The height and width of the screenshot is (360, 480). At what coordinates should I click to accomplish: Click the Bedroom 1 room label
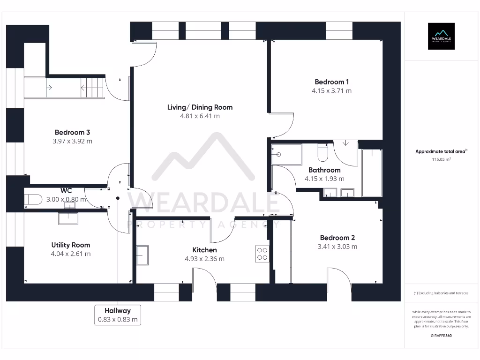coord(331,82)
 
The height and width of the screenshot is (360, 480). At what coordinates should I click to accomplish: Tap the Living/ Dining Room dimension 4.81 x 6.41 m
coord(200,116)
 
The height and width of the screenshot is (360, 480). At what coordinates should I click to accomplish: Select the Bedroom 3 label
coord(72,132)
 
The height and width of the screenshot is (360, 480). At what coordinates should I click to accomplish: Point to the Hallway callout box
coord(118,315)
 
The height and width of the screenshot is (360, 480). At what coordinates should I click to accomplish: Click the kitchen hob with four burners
coord(262,254)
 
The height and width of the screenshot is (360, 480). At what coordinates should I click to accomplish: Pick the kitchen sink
coord(142,255)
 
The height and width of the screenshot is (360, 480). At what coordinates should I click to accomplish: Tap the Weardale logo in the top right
coord(441,36)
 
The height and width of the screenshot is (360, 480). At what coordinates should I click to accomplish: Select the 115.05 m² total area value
coord(441,159)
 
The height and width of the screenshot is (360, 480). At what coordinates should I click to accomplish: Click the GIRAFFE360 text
coord(441,336)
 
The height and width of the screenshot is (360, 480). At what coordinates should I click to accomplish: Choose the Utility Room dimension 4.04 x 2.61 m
coord(71,254)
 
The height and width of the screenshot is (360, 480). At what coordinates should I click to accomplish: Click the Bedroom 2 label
coord(337,238)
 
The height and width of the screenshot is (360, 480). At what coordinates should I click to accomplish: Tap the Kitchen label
coord(205,250)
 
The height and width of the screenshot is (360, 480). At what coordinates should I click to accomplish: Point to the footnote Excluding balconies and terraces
coord(441,293)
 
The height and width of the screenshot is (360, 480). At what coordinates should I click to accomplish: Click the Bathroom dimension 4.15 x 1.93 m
coord(324,179)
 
